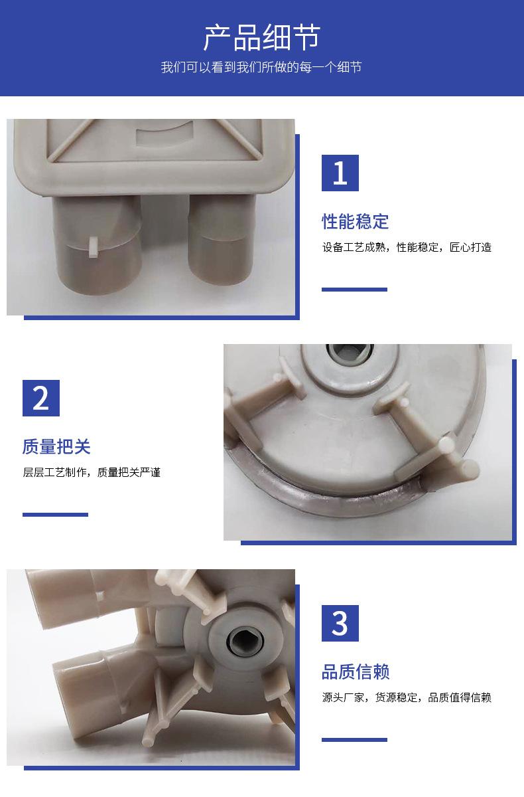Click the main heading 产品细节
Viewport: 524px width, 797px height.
coord(262,37)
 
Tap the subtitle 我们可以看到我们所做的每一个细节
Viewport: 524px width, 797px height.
coord(261,67)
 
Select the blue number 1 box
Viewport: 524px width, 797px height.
coord(340,173)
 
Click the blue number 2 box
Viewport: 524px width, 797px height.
coord(41,398)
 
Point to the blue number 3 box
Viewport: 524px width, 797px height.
coord(340,624)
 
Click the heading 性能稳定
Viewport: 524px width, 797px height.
coord(356,221)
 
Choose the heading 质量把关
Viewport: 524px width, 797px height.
coord(56,446)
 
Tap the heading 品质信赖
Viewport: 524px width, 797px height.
coord(356,671)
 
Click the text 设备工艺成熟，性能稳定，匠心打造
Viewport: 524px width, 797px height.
coord(407,247)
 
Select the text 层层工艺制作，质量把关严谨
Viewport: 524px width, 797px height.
coord(92,472)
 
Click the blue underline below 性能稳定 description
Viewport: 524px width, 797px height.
coord(354,290)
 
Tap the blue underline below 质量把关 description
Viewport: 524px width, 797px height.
coord(55,515)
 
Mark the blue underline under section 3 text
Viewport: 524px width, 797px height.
coord(354,740)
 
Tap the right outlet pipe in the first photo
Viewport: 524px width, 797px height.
coord(221,242)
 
